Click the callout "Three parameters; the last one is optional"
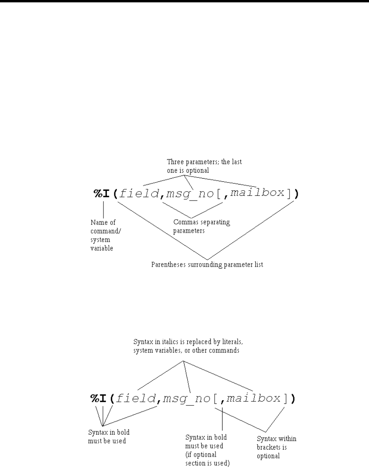click(x=205, y=165)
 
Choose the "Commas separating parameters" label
click(x=201, y=226)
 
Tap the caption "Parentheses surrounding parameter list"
click(x=207, y=264)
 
